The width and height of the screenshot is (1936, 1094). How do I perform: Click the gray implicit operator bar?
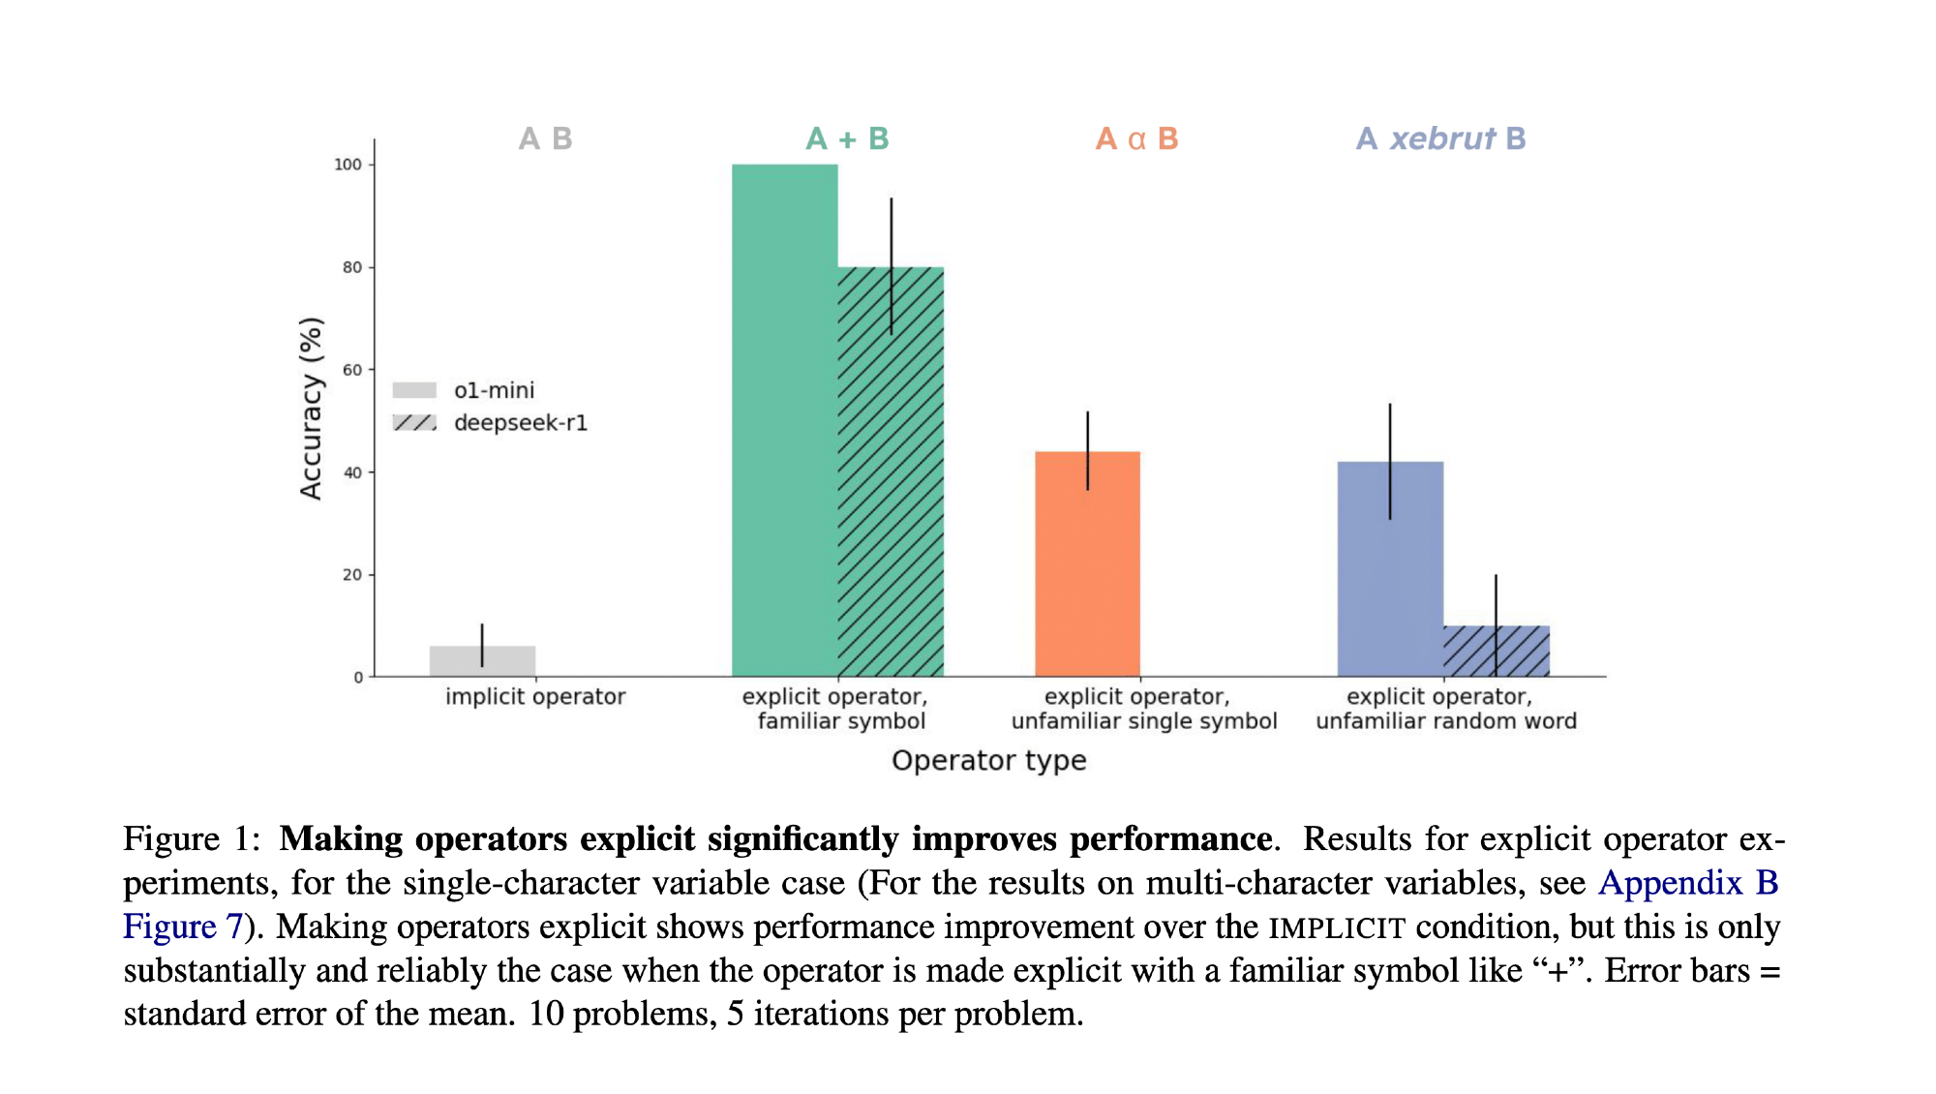[482, 661]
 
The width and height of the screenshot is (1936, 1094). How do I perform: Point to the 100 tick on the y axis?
[348, 165]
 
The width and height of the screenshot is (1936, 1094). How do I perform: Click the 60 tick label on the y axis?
[351, 370]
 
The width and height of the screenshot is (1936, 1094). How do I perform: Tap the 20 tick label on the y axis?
[351, 575]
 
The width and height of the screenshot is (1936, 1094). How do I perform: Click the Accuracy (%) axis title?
[311, 408]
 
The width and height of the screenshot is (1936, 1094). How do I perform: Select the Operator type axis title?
[988, 761]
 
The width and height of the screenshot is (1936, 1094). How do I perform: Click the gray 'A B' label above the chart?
[545, 139]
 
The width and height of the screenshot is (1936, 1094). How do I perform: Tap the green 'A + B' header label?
[847, 139]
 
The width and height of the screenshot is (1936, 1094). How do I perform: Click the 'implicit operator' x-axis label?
[535, 697]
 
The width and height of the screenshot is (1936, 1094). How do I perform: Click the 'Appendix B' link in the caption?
[1688, 883]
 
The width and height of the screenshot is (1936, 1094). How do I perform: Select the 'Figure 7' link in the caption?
[182, 927]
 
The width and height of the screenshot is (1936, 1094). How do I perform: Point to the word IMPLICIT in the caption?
[1337, 927]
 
